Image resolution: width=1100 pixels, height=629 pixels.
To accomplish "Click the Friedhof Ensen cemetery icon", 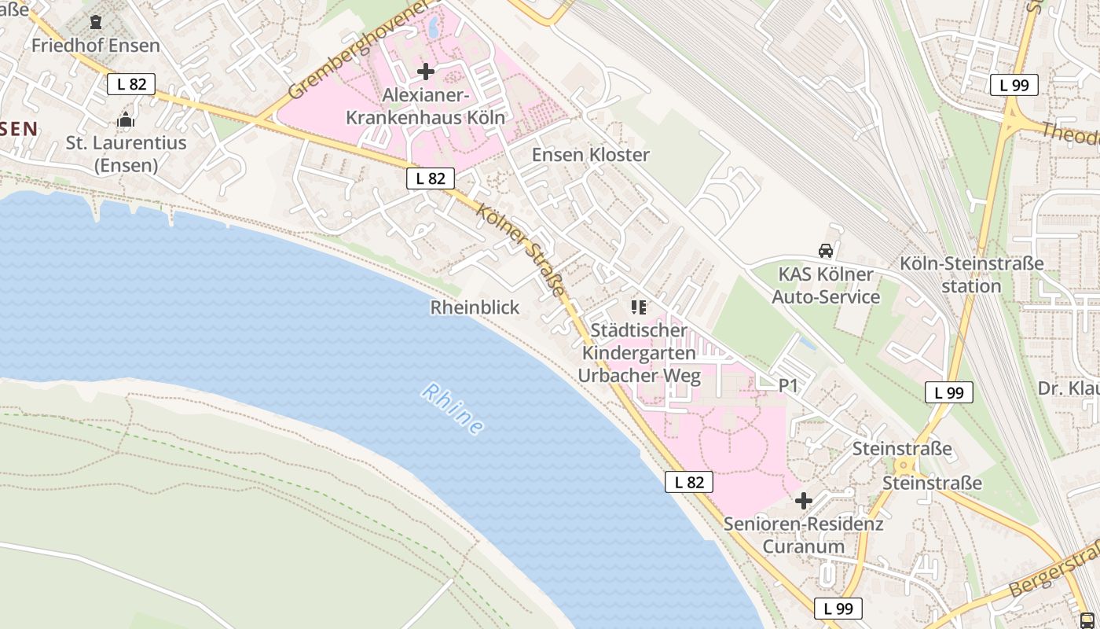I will pyautogui.click(x=96, y=22).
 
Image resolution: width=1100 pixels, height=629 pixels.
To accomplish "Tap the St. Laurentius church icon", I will pyautogui.click(x=126, y=120).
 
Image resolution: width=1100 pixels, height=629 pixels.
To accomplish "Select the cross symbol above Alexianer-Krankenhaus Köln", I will pyautogui.click(x=426, y=72).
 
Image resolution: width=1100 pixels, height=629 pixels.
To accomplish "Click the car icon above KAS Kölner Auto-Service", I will pyautogui.click(x=825, y=251).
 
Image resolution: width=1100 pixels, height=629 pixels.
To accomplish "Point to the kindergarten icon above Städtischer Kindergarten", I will pyautogui.click(x=638, y=307).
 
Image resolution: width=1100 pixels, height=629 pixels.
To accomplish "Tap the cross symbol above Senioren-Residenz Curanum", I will pyautogui.click(x=803, y=500).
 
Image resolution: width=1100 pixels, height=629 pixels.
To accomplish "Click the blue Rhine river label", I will pyautogui.click(x=453, y=408).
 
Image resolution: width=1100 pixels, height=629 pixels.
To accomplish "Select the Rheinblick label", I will pyautogui.click(x=475, y=307).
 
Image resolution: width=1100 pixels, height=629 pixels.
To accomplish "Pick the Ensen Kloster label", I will pyautogui.click(x=590, y=155).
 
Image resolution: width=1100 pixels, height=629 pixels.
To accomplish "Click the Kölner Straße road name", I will pyautogui.click(x=521, y=251).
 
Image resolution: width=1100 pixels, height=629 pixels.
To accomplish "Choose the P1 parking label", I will pyautogui.click(x=788, y=385).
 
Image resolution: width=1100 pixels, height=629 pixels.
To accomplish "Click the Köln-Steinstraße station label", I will pyautogui.click(x=972, y=274).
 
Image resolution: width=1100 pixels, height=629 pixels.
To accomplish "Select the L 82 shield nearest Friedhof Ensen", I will pyautogui.click(x=131, y=84).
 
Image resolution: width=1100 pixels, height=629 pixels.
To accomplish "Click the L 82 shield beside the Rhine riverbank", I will pyautogui.click(x=689, y=482).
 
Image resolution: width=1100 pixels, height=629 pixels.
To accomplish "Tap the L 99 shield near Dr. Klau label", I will pyautogui.click(x=948, y=392).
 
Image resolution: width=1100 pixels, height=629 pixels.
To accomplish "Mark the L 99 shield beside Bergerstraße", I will pyautogui.click(x=838, y=608).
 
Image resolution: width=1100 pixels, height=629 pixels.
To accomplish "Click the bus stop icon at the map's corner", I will pyautogui.click(x=1087, y=620).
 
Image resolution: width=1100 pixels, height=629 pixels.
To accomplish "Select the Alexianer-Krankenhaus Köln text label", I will pyautogui.click(x=425, y=106).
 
